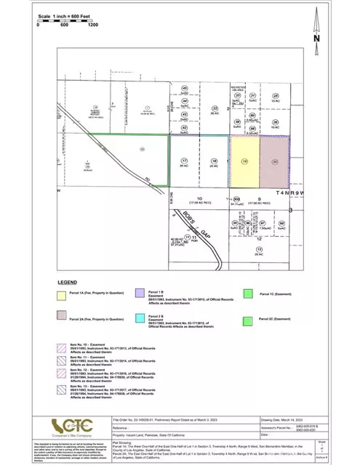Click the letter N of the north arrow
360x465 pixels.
[316, 38]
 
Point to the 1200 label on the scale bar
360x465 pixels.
[92, 25]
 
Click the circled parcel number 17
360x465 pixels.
[184, 160]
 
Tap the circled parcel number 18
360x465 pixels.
[214, 160]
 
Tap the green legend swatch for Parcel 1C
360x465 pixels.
[248, 294]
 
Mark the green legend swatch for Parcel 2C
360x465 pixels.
[248, 318]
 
